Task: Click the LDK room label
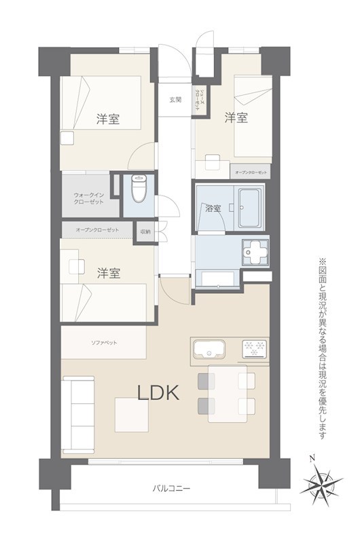[x=158, y=392]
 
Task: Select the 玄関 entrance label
[x=176, y=100]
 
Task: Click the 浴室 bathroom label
[x=213, y=208]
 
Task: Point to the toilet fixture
[x=138, y=189]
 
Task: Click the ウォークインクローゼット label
[x=88, y=198]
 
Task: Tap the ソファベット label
[x=104, y=342]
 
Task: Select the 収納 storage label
[x=145, y=231]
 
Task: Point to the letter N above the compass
[x=311, y=458]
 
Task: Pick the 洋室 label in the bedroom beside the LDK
[x=108, y=274]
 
